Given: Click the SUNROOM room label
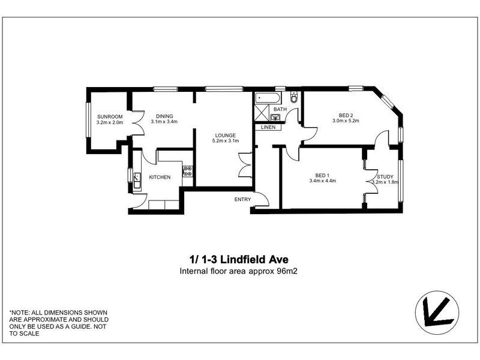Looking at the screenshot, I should (109, 116).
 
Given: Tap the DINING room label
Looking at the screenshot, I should (164, 116).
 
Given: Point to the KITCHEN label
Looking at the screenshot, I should (160, 177).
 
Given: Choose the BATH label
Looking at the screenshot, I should (280, 110).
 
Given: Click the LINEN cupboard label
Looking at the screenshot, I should (268, 127).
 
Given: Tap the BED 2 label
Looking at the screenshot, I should (345, 115).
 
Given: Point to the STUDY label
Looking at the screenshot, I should (385, 176).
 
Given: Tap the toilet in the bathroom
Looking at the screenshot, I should (294, 98).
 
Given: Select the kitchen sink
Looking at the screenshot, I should (137, 178).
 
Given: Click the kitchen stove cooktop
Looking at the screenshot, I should (187, 172).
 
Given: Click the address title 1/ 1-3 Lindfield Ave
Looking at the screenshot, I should (239, 260).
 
